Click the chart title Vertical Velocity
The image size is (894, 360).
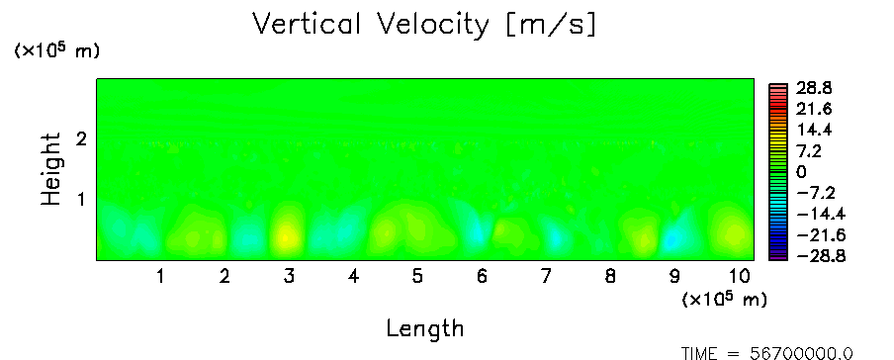tap(371, 25)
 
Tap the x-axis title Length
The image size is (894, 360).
tap(425, 329)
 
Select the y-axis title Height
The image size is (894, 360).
tap(51, 169)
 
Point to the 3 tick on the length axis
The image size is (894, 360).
tap(289, 277)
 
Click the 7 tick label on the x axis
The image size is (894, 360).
tap(546, 277)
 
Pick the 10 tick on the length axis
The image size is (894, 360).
tap(740, 277)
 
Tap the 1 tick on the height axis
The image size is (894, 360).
tap(81, 200)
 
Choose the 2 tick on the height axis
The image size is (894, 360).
tap(81, 138)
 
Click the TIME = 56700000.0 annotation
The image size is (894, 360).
tap(766, 353)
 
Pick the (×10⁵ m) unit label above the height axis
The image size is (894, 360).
tap(57, 50)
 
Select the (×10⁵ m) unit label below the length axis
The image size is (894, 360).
tap(724, 299)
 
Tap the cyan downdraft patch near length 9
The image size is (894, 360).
tap(672, 239)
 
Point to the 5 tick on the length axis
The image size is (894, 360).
tap(418, 277)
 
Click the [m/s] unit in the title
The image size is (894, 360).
tap(551, 26)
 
